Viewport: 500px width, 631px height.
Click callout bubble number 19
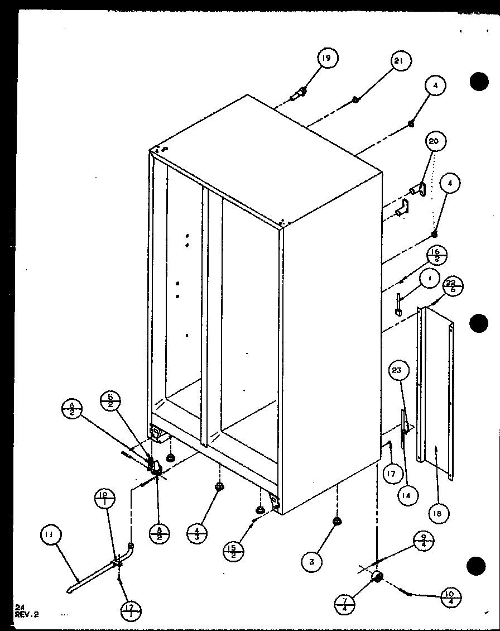click(x=328, y=59)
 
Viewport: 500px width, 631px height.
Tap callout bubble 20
click(x=433, y=142)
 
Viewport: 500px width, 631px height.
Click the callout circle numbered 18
click(x=438, y=513)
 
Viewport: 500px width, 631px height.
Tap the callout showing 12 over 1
click(x=105, y=498)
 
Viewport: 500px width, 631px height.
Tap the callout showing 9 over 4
click(x=424, y=541)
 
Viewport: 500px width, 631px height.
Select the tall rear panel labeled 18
click(x=438, y=391)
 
